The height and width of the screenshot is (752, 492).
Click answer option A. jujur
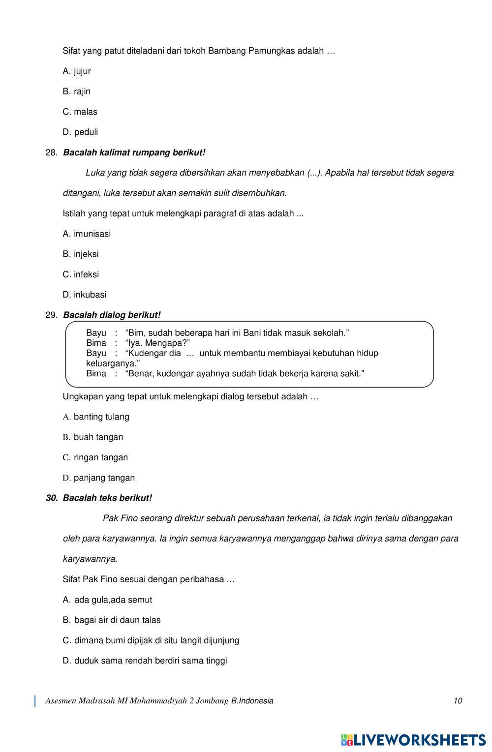pyautogui.click(x=77, y=71)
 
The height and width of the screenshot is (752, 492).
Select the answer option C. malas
pyautogui.click(x=80, y=112)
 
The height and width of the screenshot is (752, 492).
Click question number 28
pyautogui.click(x=51, y=153)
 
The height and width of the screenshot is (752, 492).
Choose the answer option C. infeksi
pyautogui.click(x=81, y=274)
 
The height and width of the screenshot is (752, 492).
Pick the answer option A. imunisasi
pyautogui.click(x=87, y=234)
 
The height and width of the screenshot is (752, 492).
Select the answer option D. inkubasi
pyautogui.click(x=85, y=295)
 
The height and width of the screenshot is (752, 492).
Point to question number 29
pyautogui.click(x=51, y=315)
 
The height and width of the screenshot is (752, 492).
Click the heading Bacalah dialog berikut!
pyautogui.click(x=112, y=315)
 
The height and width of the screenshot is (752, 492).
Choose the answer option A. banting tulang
pyautogui.click(x=96, y=417)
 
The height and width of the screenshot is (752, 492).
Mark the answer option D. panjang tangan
pyautogui.click(x=98, y=478)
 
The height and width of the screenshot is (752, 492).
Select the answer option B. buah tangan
pyautogui.click(x=93, y=437)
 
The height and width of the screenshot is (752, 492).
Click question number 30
pyautogui.click(x=52, y=498)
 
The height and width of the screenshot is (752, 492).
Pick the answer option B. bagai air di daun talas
pyautogui.click(x=112, y=620)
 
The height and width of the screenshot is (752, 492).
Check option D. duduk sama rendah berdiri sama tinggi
pyautogui.click(x=145, y=661)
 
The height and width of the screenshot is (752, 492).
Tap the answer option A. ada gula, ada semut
pyautogui.click(x=107, y=600)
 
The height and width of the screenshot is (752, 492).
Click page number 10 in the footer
pyautogui.click(x=458, y=701)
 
